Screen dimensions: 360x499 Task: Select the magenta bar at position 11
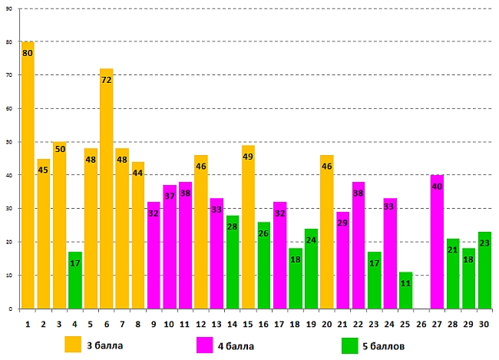[x=185, y=246]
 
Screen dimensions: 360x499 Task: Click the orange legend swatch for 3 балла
[x=73, y=344]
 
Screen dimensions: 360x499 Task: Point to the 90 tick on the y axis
[x=9, y=8]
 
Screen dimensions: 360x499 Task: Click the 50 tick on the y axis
[x=9, y=142]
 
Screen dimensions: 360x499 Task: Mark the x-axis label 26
[x=421, y=324]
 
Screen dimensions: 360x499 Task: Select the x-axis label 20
[x=326, y=324]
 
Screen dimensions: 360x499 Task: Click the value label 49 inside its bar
[x=248, y=157]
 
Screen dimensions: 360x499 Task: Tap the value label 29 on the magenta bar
[x=342, y=223]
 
